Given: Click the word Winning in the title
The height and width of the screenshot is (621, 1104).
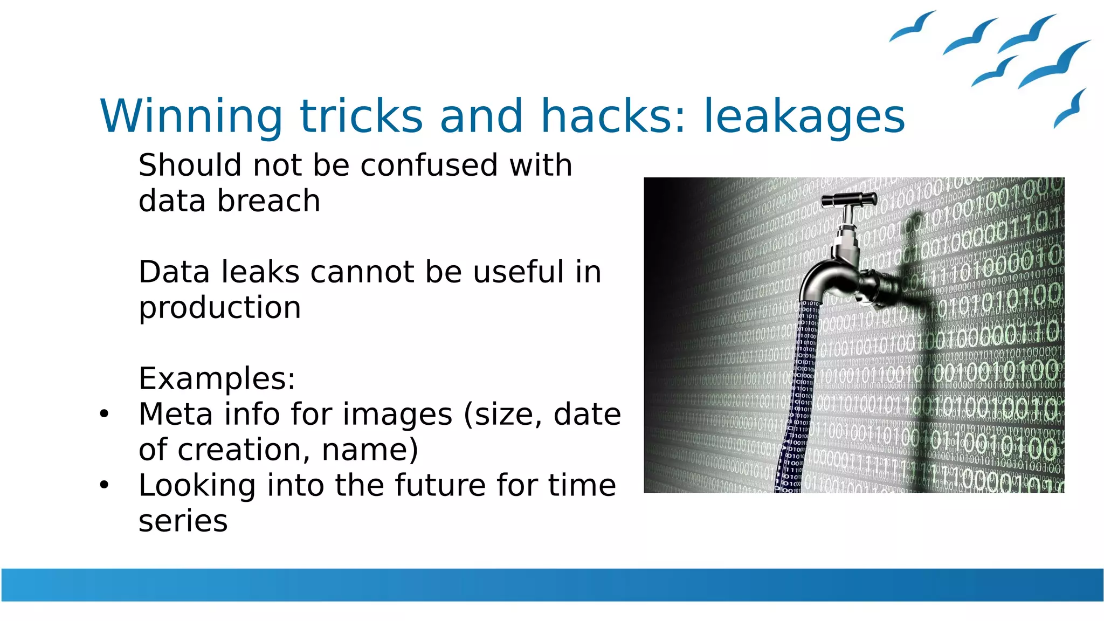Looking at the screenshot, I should pos(191,116).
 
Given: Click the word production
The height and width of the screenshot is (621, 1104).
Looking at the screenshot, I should pos(219,308).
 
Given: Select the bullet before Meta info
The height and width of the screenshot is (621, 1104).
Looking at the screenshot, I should pos(104,414).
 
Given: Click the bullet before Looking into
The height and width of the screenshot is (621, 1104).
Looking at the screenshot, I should pos(104,485).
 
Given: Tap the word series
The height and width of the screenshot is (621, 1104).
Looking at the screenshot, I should pos(183,521).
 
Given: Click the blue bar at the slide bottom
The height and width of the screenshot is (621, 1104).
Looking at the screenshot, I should pos(552,584).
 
